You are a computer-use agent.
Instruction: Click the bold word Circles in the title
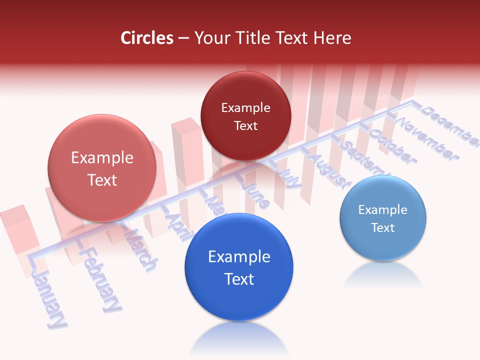coord(146,38)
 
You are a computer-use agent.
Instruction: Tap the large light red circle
coord(102,168)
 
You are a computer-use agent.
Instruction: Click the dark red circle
coord(245,116)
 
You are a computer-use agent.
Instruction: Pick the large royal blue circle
coord(239,267)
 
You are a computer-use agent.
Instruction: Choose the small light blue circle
coord(382,218)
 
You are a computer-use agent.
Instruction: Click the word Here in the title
coord(332,38)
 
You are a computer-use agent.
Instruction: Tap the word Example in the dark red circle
coord(245,107)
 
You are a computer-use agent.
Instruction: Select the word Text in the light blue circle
coord(382,227)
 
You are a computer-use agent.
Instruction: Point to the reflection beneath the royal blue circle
coord(239,340)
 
